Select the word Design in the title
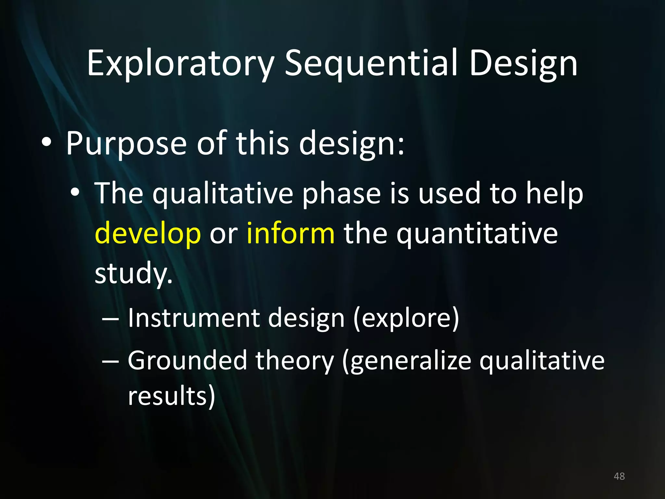[x=523, y=64]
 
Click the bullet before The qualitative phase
[x=75, y=192]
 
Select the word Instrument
[x=194, y=318]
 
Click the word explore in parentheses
[x=406, y=319]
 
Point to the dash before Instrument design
[x=110, y=319]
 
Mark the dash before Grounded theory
[x=110, y=362]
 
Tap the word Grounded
[x=187, y=361]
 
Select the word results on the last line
[x=168, y=396]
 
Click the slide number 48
[x=619, y=476]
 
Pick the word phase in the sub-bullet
[x=341, y=194]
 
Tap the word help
[x=554, y=194]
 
